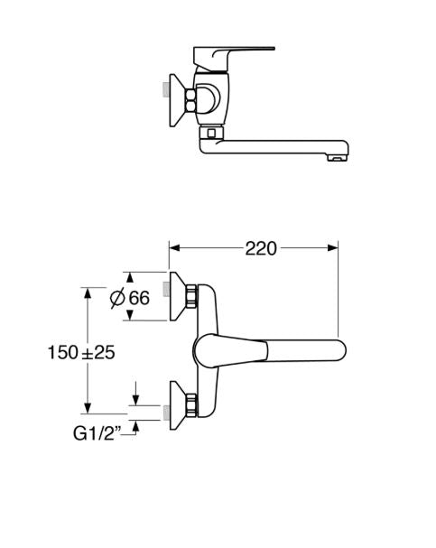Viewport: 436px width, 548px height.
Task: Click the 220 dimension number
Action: point(261,248)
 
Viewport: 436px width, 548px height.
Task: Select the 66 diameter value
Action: point(139,298)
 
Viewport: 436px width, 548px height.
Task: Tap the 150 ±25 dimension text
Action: point(81,352)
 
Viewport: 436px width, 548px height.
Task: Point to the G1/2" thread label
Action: point(97,433)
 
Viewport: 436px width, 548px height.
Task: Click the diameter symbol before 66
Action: point(117,298)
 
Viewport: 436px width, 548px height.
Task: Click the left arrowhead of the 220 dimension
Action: point(174,248)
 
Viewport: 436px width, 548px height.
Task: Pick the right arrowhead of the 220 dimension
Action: point(333,248)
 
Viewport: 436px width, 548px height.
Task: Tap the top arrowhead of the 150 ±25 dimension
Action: point(88,293)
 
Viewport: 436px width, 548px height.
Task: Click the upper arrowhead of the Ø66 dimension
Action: point(130,277)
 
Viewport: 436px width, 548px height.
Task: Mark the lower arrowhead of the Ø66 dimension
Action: point(130,315)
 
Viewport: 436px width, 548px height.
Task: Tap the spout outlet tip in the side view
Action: point(338,158)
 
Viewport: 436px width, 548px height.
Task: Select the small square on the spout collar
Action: point(210,133)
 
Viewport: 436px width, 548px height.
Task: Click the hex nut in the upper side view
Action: point(190,100)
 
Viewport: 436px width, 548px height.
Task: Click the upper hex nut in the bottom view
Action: point(191,296)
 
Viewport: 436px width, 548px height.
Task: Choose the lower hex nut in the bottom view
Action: point(191,405)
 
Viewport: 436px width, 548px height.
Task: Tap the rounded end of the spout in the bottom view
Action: point(339,350)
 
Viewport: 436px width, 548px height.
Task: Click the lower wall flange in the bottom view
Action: point(178,405)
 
